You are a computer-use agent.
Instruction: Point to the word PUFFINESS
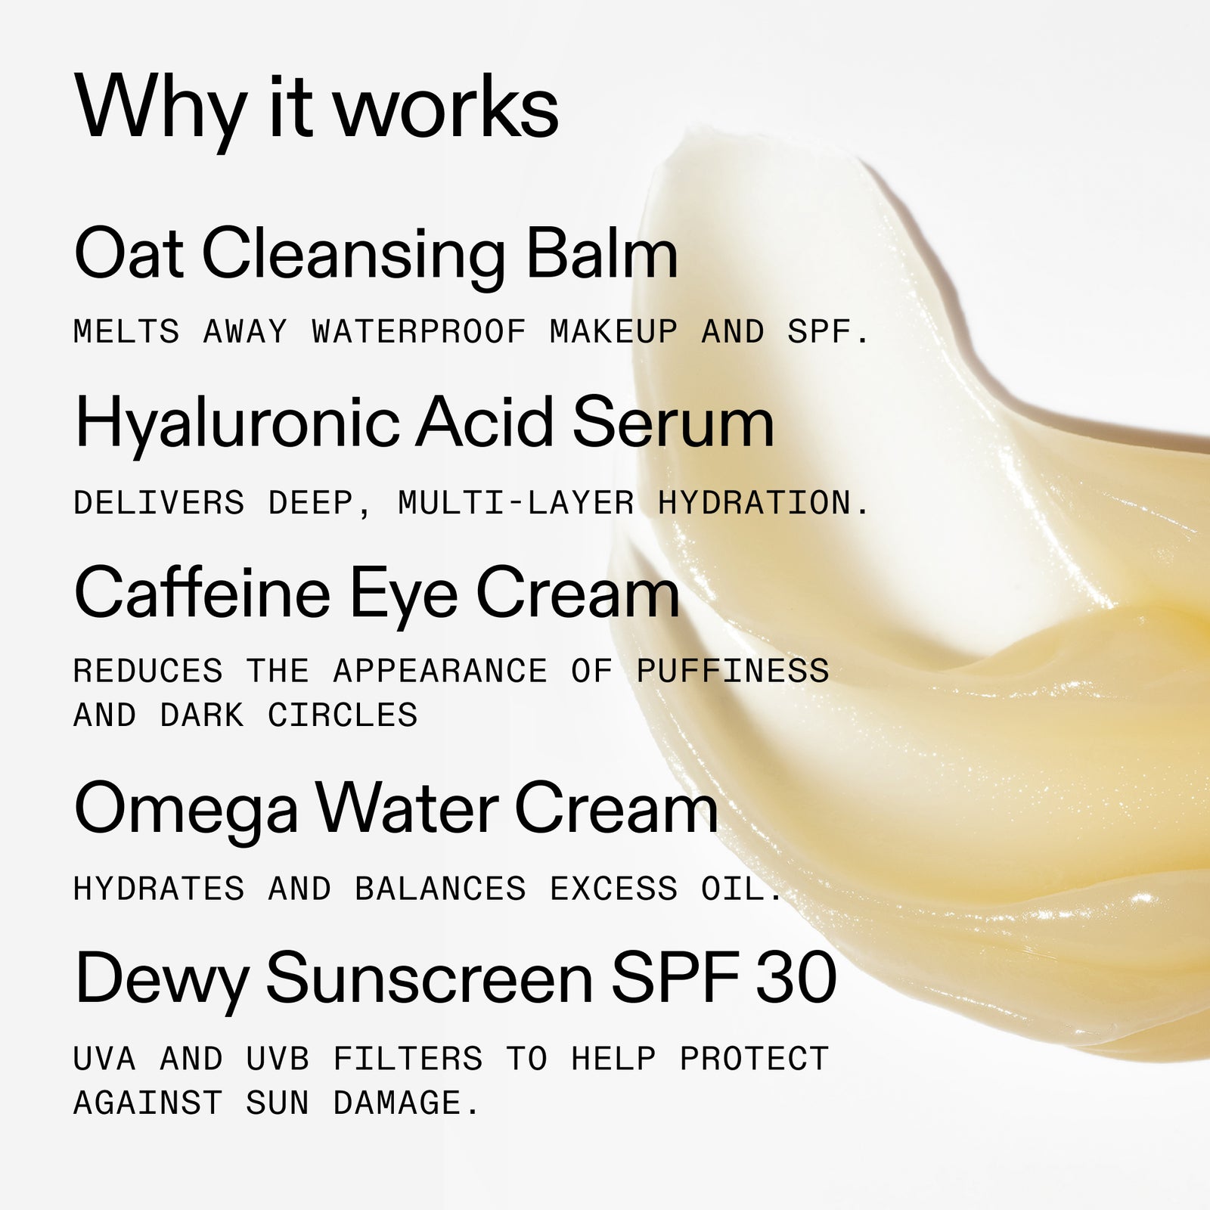733,672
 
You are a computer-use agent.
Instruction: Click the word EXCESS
614,889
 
